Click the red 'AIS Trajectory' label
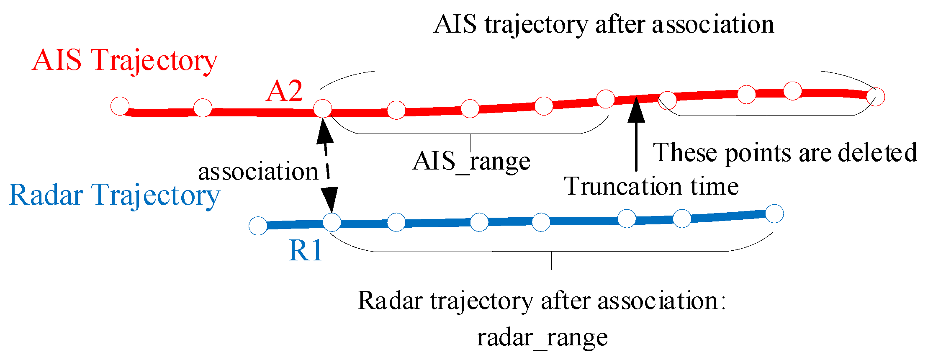(x=125, y=61)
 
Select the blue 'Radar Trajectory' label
(x=114, y=195)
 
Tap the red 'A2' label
(x=284, y=91)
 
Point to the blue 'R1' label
(x=306, y=251)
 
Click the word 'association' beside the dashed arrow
(x=258, y=172)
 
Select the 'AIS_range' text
(x=471, y=162)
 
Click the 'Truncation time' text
(x=651, y=186)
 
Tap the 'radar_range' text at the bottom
(x=542, y=337)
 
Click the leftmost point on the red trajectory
(x=120, y=106)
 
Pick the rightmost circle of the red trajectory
(x=875, y=97)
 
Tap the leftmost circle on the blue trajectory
(x=258, y=226)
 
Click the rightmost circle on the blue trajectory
(x=774, y=213)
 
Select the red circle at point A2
(x=323, y=109)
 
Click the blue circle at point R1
(x=332, y=223)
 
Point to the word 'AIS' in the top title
(x=455, y=24)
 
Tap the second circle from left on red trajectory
(x=203, y=108)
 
